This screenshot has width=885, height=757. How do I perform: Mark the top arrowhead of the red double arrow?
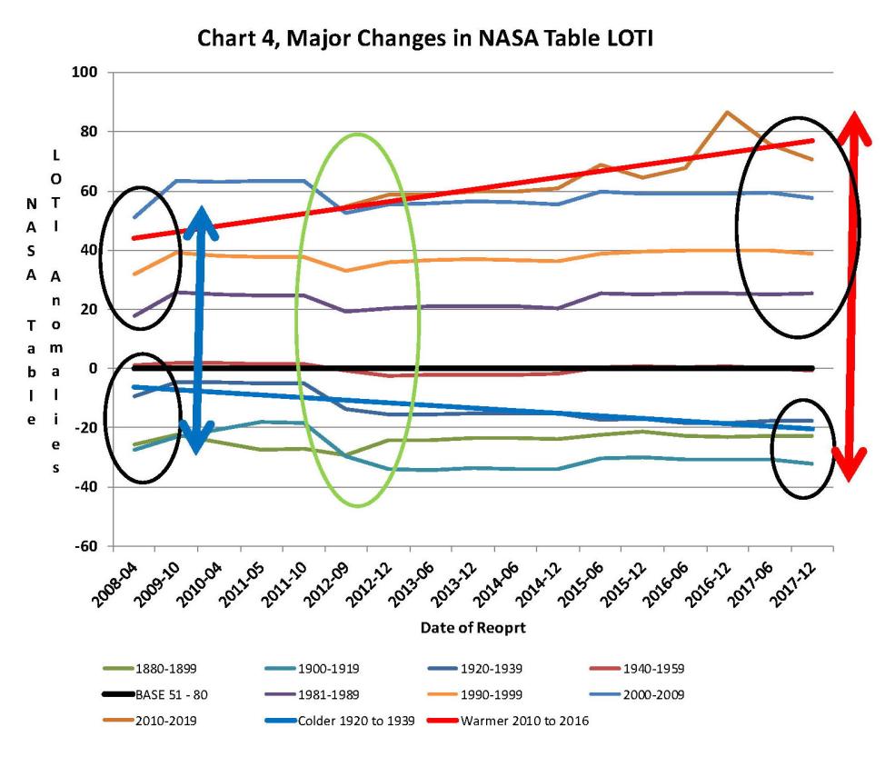pyautogui.click(x=853, y=123)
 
